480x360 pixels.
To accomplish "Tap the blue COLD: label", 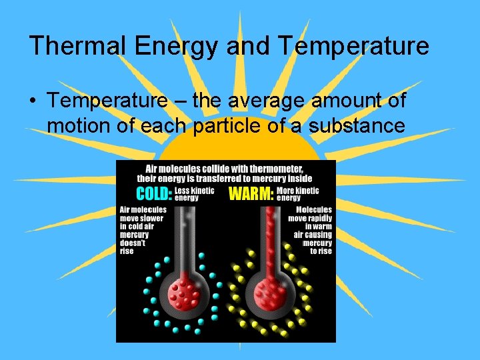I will coord(154,194).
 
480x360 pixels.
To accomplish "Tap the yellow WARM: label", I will coord(251,194).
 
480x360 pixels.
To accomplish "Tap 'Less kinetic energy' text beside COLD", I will coord(195,194).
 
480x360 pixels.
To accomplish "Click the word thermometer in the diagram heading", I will coord(273,169).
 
